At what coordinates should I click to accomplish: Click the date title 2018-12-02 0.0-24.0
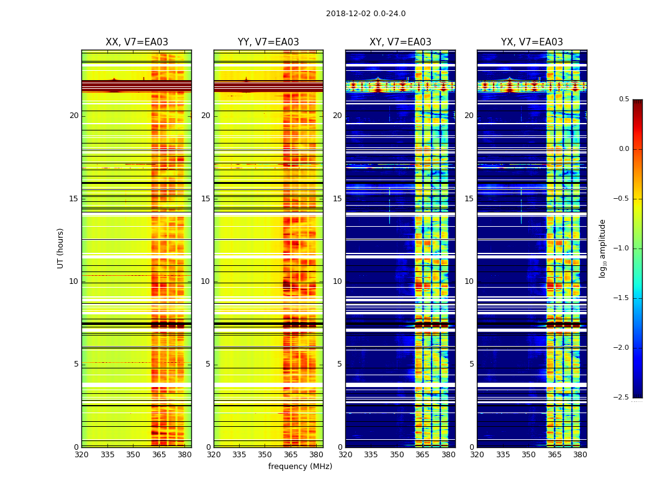(366, 14)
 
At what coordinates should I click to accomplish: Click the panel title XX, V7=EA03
(137, 42)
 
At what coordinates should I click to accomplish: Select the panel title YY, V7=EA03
(268, 42)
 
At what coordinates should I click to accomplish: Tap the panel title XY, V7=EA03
(401, 42)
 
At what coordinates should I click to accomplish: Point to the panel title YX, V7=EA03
(532, 42)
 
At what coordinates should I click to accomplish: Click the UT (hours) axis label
(61, 248)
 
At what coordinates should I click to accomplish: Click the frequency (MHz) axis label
(300, 467)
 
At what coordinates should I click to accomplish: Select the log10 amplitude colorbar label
(602, 248)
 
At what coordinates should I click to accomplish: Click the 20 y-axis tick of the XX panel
(74, 116)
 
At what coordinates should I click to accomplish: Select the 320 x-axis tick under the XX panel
(81, 455)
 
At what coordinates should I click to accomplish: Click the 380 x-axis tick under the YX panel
(580, 455)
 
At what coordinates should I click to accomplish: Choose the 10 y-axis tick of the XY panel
(337, 281)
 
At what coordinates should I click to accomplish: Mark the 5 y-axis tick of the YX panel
(471, 364)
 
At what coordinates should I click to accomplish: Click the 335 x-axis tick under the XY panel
(371, 455)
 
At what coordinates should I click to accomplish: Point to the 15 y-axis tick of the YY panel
(206, 199)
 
